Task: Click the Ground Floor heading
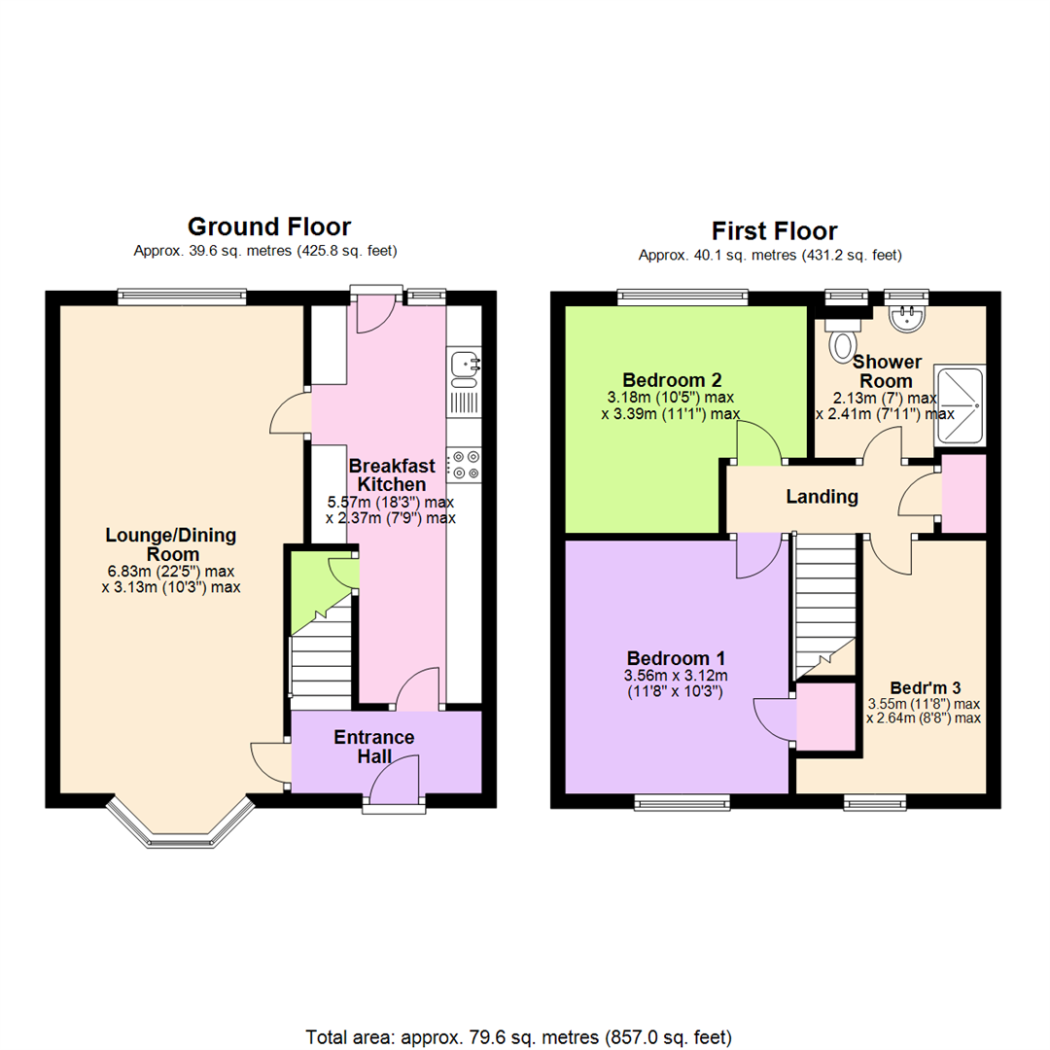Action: pyautogui.click(x=268, y=227)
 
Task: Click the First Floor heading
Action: pyautogui.click(x=774, y=231)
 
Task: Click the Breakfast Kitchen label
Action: pyautogui.click(x=392, y=474)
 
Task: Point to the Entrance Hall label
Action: pyautogui.click(x=374, y=747)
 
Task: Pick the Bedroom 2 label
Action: pyautogui.click(x=672, y=379)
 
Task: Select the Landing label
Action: pyautogui.click(x=822, y=497)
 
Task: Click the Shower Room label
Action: pyautogui.click(x=883, y=371)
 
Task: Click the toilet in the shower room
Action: pyautogui.click(x=842, y=341)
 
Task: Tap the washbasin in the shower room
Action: pyautogui.click(x=910, y=316)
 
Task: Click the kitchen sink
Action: pyautogui.click(x=465, y=366)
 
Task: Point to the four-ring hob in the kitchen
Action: pyautogui.click(x=465, y=464)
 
